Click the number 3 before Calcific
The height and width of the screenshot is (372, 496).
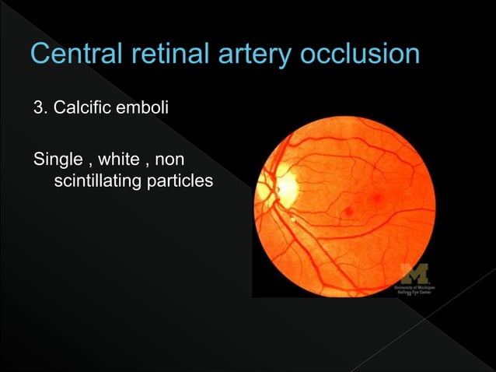pyautogui.click(x=37, y=106)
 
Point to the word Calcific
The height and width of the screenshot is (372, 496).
pyautogui.click(x=78, y=106)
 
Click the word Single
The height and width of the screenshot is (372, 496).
pyautogui.click(x=57, y=162)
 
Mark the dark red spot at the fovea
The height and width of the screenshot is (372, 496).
pyautogui.click(x=349, y=209)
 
